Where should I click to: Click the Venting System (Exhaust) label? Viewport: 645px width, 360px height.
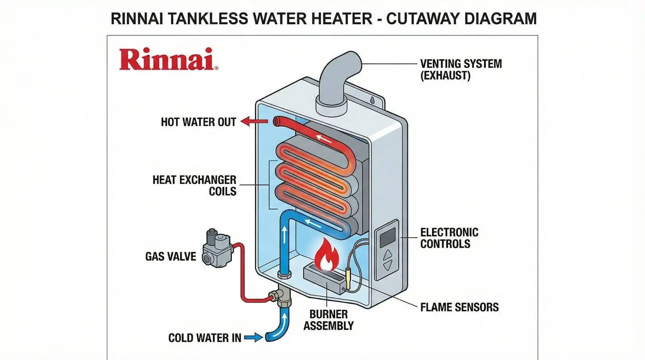pyautogui.click(x=461, y=69)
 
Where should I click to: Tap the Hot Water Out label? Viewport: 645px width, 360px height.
pyautogui.click(x=198, y=122)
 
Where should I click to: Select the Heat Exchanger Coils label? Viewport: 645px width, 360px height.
pyautogui.click(x=194, y=185)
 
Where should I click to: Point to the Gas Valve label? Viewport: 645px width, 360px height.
pyautogui.click(x=171, y=256)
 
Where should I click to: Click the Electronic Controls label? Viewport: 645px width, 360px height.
pyautogui.click(x=449, y=238)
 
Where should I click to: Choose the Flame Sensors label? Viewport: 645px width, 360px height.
pyautogui.click(x=459, y=307)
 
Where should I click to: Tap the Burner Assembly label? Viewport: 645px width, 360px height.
pyautogui.click(x=329, y=320)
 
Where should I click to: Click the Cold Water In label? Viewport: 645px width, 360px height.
pyautogui.click(x=205, y=337)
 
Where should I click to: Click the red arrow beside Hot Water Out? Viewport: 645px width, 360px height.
pyautogui.click(x=254, y=121)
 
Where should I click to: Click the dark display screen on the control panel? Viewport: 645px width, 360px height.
pyautogui.click(x=388, y=237)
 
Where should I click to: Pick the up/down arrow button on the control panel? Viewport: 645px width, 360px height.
pyautogui.click(x=387, y=260)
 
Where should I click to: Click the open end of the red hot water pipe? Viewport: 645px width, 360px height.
pyautogui.click(x=277, y=121)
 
